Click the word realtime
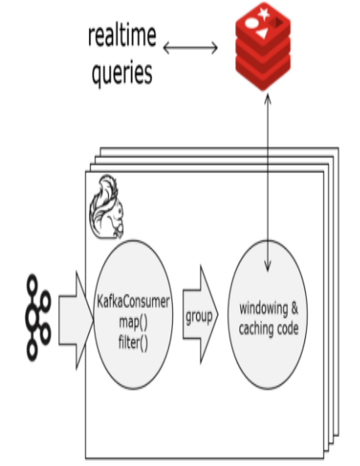click(121, 35)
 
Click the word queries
click(122, 73)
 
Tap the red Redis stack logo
click(263, 46)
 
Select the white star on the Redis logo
click(264, 13)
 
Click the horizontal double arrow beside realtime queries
click(190, 47)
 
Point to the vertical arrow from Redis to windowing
click(268, 182)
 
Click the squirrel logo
click(107, 207)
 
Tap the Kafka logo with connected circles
click(38, 318)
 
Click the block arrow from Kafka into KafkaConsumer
click(76, 320)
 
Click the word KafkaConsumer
click(133, 301)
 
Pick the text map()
click(133, 322)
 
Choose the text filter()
click(133, 342)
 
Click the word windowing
click(264, 309)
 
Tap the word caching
click(256, 329)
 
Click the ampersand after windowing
click(294, 308)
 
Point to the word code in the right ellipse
click(288, 329)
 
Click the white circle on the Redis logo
click(252, 23)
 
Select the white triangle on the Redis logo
click(262, 33)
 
